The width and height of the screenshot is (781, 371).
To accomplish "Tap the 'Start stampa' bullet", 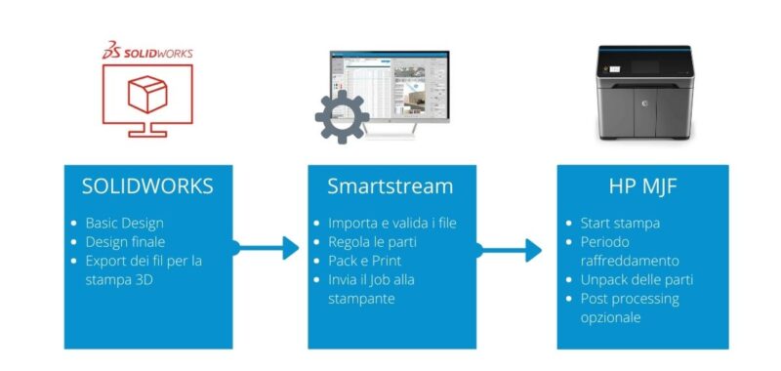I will click(620, 224).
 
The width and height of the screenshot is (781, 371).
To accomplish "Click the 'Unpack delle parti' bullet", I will click(637, 278).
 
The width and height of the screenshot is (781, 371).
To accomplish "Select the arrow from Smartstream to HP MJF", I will click(509, 250).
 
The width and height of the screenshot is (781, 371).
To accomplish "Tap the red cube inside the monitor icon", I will click(147, 96).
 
